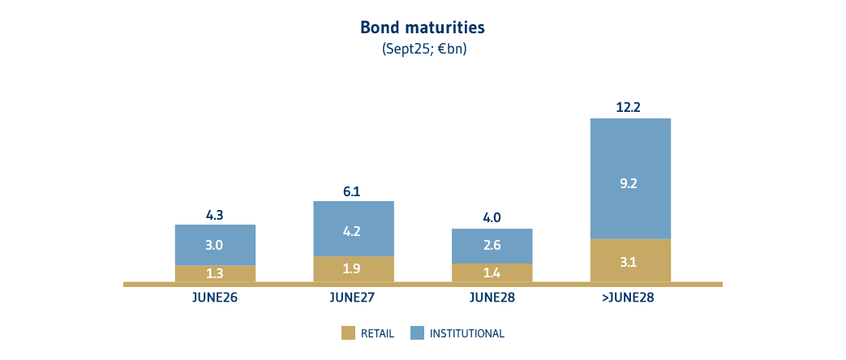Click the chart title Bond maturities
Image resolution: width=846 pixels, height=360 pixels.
tap(423, 28)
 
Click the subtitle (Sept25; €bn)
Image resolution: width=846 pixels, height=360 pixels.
tap(423, 49)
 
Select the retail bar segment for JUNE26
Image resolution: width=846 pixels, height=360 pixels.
tap(215, 273)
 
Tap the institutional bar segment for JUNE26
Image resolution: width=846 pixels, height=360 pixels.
tap(215, 245)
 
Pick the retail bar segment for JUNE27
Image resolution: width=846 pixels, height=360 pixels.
tap(353, 268)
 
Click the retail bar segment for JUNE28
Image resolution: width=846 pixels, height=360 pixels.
tap(492, 272)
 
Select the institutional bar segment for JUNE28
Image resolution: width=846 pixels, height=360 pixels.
tap(492, 246)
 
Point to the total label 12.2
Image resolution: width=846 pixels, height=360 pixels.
tap(629, 107)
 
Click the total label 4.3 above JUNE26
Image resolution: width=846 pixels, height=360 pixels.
tap(215, 215)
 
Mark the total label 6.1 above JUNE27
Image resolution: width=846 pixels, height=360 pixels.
tap(353, 191)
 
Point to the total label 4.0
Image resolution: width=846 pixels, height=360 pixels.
tap(492, 217)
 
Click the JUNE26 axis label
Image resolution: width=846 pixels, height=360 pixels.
tap(215, 298)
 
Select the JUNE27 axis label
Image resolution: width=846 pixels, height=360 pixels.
tap(353, 298)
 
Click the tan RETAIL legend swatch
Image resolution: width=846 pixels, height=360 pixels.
tap(349, 333)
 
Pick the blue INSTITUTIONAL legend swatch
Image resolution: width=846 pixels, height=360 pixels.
tap(417, 333)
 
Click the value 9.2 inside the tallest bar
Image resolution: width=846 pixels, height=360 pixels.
tap(629, 183)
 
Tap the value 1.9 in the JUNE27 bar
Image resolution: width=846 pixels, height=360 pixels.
tap(353, 269)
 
